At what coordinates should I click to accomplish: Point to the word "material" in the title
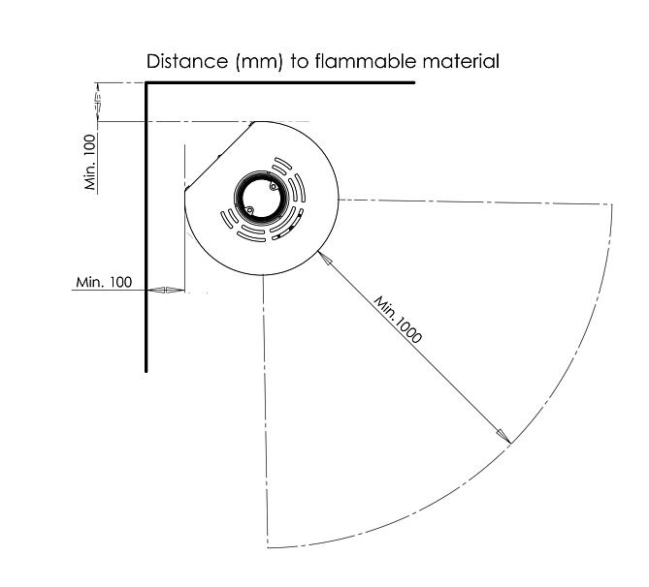tap(465, 62)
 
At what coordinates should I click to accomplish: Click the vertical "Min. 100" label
tap(90, 160)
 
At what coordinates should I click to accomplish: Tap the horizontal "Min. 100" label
tap(103, 282)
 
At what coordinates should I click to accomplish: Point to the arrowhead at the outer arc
tap(504, 437)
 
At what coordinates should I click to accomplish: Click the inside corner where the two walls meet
tap(147, 84)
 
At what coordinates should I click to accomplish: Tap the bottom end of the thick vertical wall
tap(146, 369)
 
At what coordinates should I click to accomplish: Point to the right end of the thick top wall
tap(413, 83)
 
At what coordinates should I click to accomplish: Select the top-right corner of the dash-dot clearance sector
tap(613, 204)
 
